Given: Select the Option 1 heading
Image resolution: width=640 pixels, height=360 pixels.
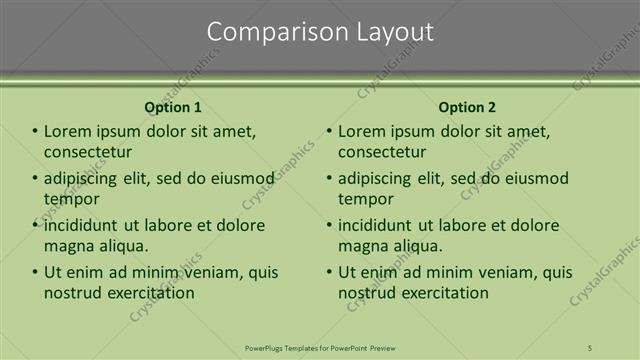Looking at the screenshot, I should point(173,107).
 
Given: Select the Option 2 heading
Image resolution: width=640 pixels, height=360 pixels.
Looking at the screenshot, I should point(467,107).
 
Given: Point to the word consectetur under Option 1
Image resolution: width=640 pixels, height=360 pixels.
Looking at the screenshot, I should point(88,152).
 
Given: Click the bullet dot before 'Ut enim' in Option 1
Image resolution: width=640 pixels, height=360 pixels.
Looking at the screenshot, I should point(36,272).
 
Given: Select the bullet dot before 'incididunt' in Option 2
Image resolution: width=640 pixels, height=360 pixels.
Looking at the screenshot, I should point(330,225).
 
